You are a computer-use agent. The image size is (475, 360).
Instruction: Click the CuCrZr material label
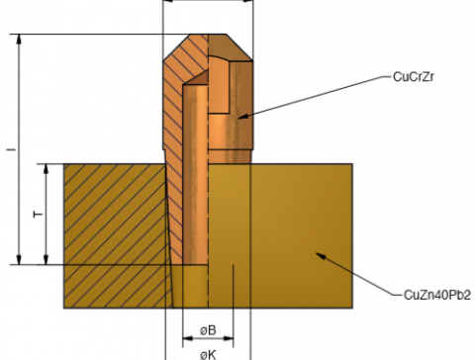click(414, 77)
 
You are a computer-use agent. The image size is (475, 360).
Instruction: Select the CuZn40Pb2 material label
click(437, 295)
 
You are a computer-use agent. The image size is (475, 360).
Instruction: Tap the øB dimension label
click(208, 330)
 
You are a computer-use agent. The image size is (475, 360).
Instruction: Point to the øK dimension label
click(208, 355)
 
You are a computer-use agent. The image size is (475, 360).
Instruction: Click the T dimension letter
click(39, 215)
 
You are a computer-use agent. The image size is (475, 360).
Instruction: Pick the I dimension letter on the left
click(12, 149)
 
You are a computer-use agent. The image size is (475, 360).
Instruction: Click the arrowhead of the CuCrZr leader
click(243, 116)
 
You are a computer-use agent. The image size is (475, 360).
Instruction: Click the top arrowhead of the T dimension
click(47, 169)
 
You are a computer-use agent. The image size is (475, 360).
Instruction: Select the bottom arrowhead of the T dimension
click(47, 259)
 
